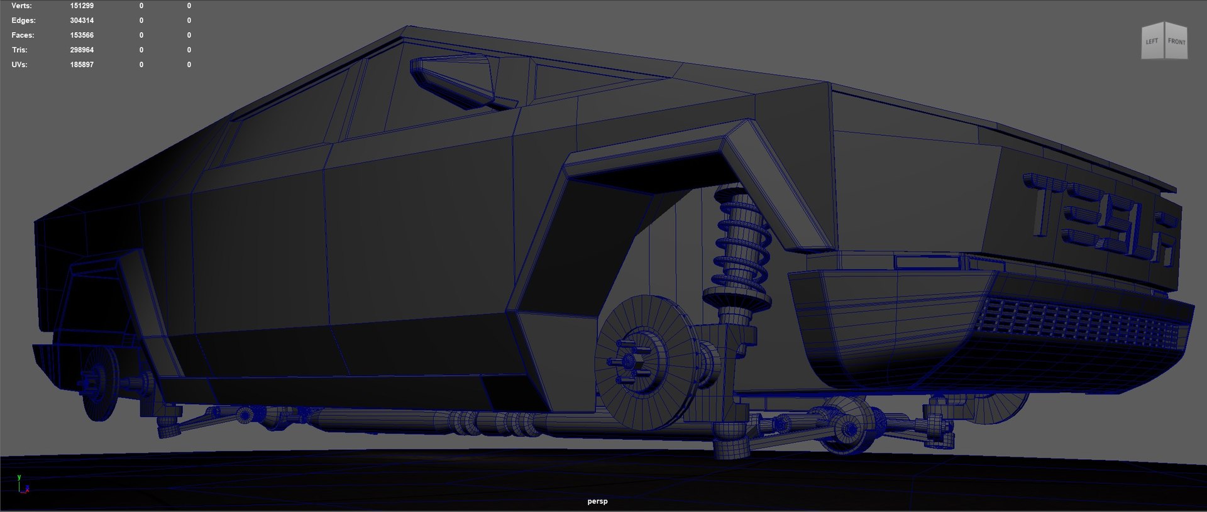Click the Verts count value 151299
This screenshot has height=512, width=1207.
[x=82, y=6]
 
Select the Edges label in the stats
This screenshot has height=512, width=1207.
[x=23, y=21]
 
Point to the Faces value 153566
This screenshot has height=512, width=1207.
[x=82, y=35]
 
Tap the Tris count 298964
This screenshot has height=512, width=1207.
[x=82, y=50]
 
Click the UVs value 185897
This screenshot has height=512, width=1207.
[x=82, y=65]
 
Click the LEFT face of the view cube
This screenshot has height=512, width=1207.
[x=1152, y=42]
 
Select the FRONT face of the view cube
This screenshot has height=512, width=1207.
[x=1176, y=42]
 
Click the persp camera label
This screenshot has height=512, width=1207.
[x=597, y=501]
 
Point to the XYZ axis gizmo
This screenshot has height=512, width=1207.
[x=21, y=485]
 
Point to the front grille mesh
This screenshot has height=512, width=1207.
[x=1075, y=324]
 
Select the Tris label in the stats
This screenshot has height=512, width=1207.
[x=19, y=50]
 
